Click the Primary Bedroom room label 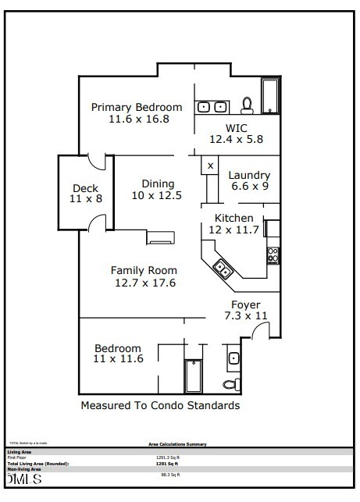tap(137, 107)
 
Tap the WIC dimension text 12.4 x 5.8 tap(237, 138)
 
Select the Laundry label tap(249, 176)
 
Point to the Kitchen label tap(234, 218)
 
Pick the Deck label tap(85, 188)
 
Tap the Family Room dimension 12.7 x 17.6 tap(143, 283)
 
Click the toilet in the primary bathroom tap(247, 104)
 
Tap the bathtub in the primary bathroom tap(270, 97)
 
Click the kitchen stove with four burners tap(273, 255)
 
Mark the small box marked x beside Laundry tap(210, 166)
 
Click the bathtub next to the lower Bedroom tap(193, 376)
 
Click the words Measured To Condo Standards tap(160, 406)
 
